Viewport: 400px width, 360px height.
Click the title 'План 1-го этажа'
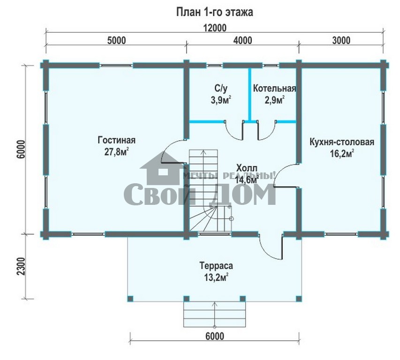pos(215,12)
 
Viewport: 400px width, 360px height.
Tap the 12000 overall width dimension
pos(215,28)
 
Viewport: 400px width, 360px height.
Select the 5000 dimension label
pos(117,40)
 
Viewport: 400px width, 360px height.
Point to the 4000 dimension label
pos(242,40)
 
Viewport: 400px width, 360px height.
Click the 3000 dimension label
pos(341,40)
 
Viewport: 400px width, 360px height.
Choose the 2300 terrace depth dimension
pos(22,266)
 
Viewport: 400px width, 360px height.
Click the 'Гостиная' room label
pos(117,140)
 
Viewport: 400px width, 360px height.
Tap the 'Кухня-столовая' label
pos(342,142)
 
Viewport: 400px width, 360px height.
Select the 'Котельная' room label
pos(274,89)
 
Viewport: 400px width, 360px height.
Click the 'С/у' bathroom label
pos(221,89)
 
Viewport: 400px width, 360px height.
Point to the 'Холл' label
pos(247,168)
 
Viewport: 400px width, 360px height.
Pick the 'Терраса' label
pos(216,266)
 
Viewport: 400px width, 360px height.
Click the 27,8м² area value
pos(116,152)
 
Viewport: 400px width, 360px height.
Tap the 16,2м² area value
pos(342,154)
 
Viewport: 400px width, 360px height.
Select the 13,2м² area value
pos(216,277)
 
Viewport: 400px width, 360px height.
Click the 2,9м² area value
pos(274,100)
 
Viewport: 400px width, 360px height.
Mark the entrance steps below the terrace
pos(215,315)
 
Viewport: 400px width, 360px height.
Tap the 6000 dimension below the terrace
pos(215,336)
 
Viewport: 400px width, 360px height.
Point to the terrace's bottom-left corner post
pos(130,299)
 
